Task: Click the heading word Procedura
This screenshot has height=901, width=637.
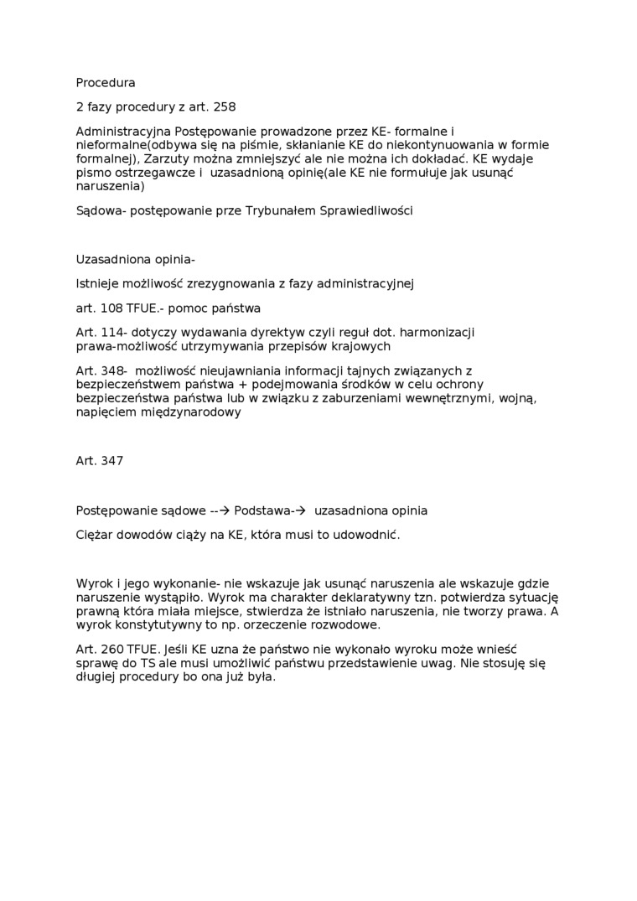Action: pyautogui.click(x=106, y=83)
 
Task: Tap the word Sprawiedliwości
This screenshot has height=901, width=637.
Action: pyautogui.click(x=368, y=210)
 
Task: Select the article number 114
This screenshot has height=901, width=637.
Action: pyautogui.click(x=112, y=332)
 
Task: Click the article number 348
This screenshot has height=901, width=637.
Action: pyautogui.click(x=112, y=370)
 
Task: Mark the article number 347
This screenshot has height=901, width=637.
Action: pyautogui.click(x=111, y=461)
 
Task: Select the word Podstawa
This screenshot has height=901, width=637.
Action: pyautogui.click(x=262, y=510)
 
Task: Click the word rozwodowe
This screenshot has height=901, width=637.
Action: pyautogui.click(x=345, y=624)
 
